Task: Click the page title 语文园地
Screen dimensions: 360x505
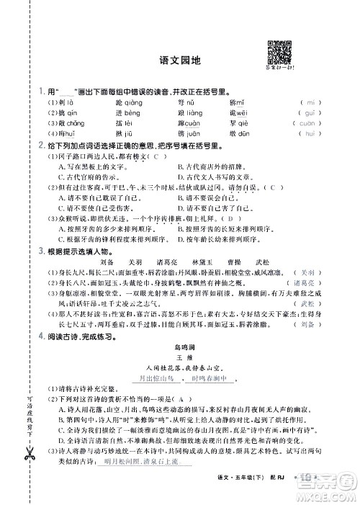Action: pyautogui.click(x=179, y=61)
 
